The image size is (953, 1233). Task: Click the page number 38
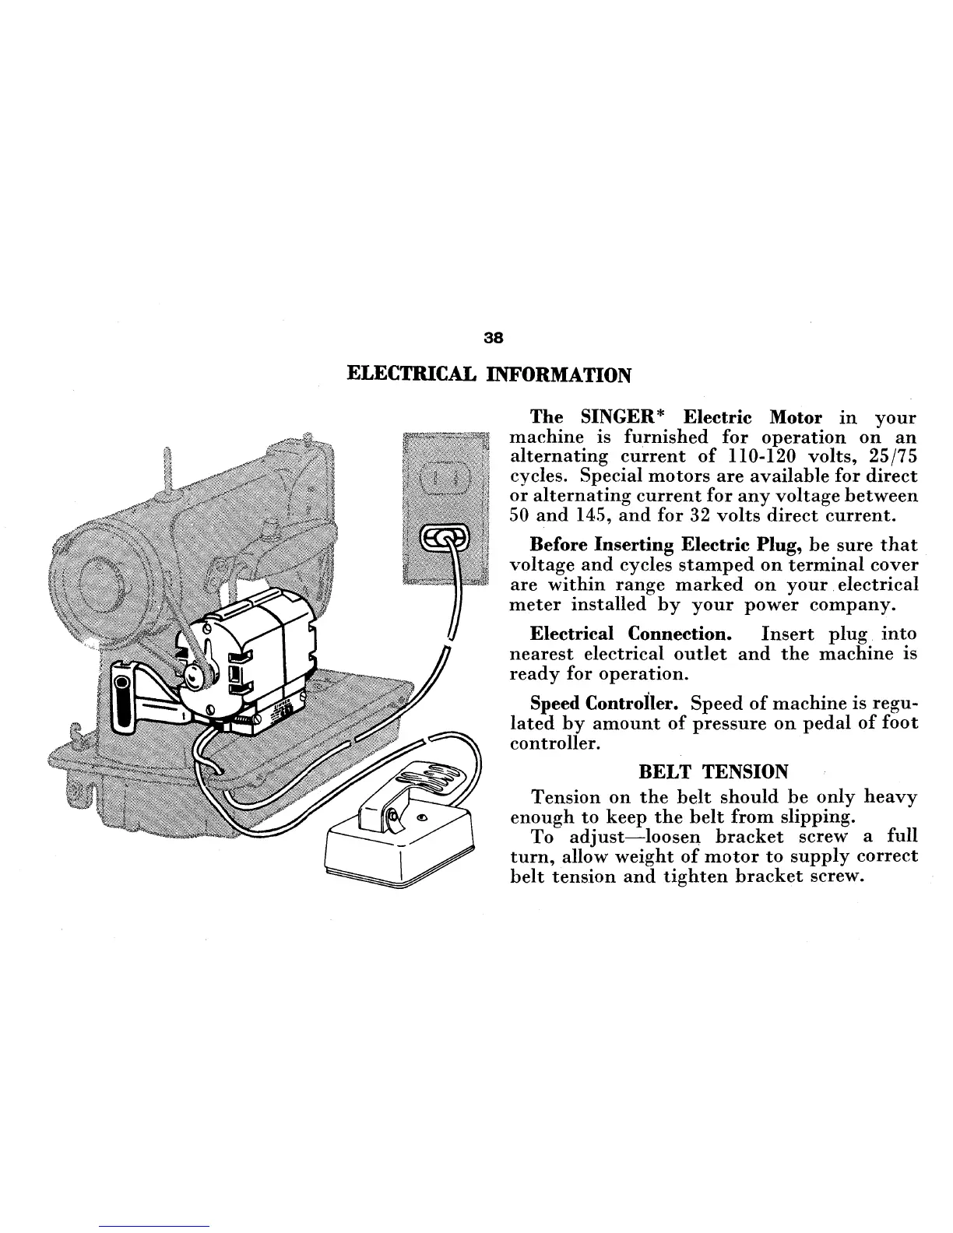(494, 339)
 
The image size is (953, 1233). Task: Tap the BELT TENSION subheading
(712, 771)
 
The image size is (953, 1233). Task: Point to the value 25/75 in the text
(892, 457)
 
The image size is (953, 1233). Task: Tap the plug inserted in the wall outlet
(445, 538)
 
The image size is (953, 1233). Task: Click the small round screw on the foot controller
(422, 818)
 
